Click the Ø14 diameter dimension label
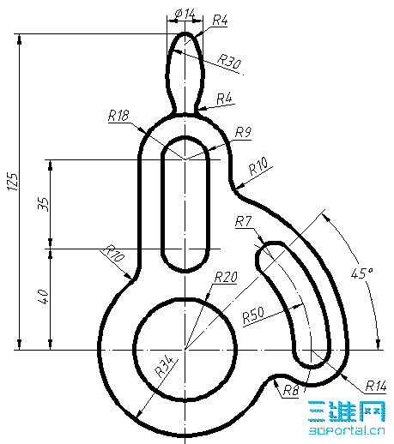(185, 14)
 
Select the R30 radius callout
(229, 62)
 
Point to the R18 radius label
(118, 116)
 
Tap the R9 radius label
(244, 132)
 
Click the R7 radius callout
(244, 221)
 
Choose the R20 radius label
(226, 277)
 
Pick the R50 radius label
(253, 315)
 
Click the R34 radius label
(165, 366)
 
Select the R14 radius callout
(376, 386)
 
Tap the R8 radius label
(291, 391)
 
